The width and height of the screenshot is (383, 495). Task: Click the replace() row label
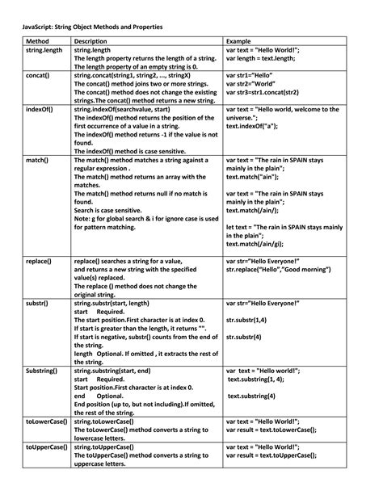(x=39, y=262)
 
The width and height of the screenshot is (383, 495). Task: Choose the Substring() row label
(x=42, y=371)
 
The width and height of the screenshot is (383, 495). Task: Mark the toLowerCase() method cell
(x=45, y=422)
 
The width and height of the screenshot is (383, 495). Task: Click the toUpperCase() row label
(x=45, y=447)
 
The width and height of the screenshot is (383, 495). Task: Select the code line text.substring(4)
(x=255, y=396)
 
